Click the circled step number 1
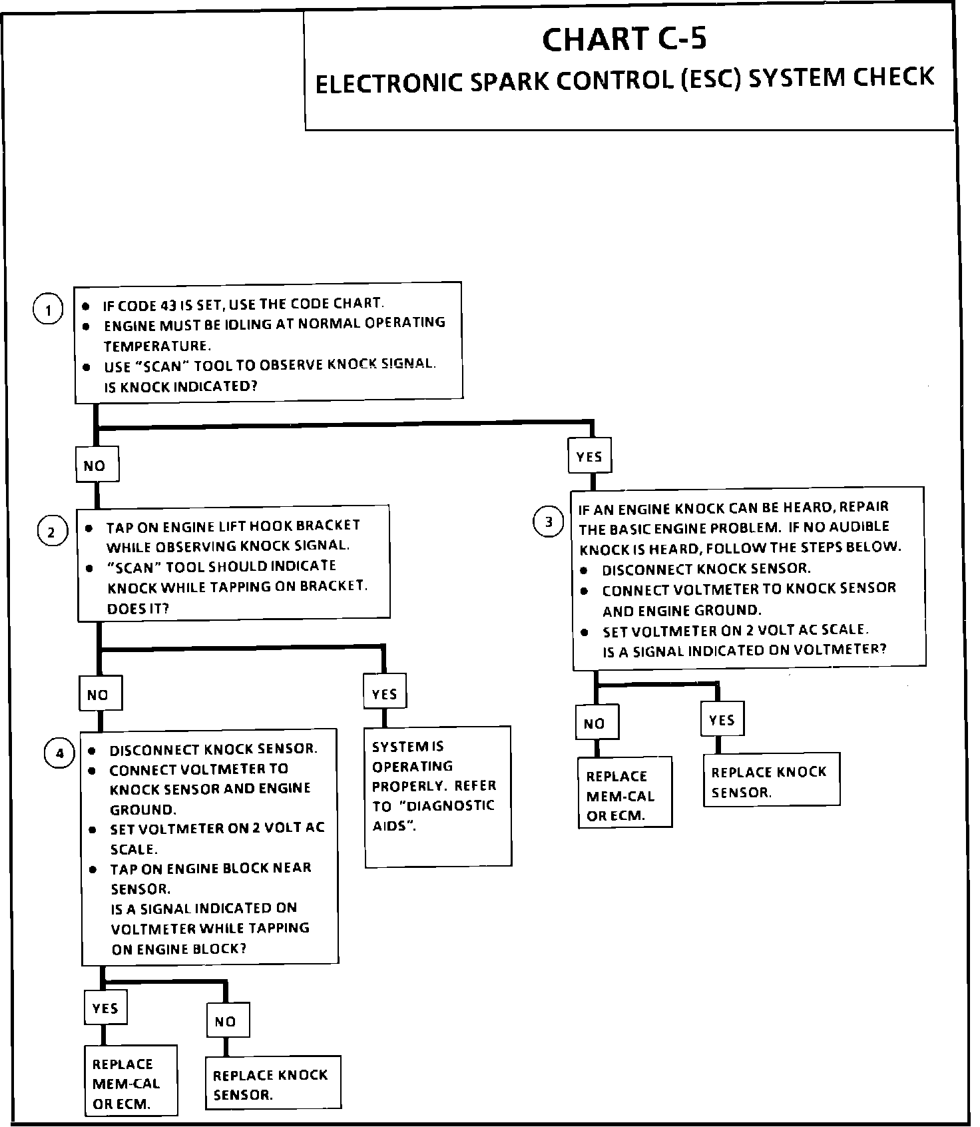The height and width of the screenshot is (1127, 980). [x=48, y=310]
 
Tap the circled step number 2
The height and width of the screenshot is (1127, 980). [x=52, y=532]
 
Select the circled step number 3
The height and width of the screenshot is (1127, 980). [x=549, y=522]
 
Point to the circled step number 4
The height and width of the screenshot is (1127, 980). [x=60, y=753]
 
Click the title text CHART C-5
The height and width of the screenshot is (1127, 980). [x=624, y=39]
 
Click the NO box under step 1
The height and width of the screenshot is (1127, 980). [x=96, y=466]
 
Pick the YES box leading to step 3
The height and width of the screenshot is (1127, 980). [x=589, y=456]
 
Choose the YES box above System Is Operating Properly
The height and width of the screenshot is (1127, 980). [x=384, y=693]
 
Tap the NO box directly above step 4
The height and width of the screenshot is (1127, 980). [x=99, y=695]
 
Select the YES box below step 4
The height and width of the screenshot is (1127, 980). [x=105, y=1008]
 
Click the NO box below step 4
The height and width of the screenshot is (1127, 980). [x=226, y=1021]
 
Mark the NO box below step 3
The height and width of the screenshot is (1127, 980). [x=595, y=723]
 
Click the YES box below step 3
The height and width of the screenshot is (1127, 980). [x=722, y=720]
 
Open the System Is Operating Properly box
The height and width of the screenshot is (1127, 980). [x=437, y=797]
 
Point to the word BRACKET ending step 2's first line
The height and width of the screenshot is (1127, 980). [x=332, y=526]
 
